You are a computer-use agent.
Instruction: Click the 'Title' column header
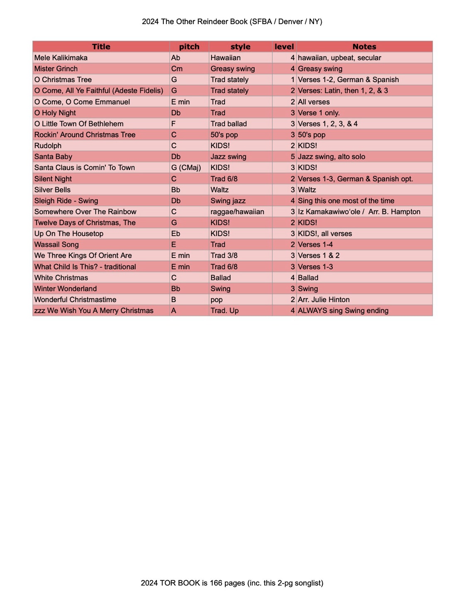[101, 47]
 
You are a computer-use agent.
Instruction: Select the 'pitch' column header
[189, 47]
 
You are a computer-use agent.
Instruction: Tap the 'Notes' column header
[364, 47]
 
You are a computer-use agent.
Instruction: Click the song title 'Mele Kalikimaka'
[61, 58]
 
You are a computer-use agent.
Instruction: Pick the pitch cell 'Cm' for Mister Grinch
[177, 69]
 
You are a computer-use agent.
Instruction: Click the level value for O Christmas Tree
[292, 80]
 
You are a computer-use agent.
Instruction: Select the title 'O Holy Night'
[55, 113]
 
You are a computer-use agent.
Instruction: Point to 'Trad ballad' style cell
[229, 124]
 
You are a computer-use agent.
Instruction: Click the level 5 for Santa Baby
[292, 157]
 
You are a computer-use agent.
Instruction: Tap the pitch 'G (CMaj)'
[186, 168]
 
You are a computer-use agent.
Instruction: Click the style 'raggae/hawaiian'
[237, 212]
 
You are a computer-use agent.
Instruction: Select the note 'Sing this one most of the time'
[346, 201]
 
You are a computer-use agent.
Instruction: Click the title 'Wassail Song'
[56, 245]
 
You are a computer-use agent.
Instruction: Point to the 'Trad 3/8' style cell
[224, 256]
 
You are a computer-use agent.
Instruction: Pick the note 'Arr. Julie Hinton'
[324, 300]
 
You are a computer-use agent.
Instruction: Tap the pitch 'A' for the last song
[174, 311]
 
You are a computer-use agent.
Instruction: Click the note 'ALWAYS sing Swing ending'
[343, 311]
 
